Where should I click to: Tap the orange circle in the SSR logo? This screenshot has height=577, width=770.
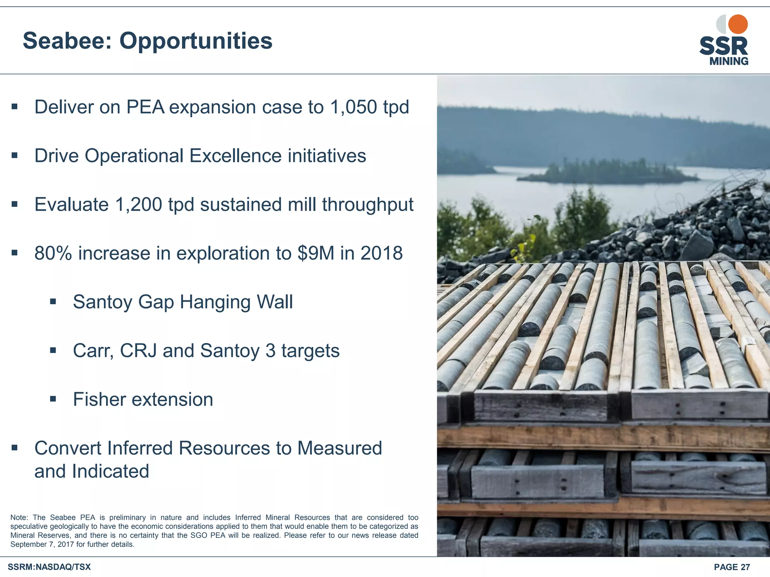(x=738, y=24)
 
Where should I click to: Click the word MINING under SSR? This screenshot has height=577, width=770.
(x=729, y=61)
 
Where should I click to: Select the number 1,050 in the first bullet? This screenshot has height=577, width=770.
(x=353, y=107)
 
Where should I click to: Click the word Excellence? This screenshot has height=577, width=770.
(x=235, y=156)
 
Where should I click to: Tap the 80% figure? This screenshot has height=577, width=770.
(x=53, y=253)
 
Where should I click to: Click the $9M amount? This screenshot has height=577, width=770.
(x=315, y=253)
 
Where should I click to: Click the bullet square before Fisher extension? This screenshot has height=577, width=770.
(x=53, y=399)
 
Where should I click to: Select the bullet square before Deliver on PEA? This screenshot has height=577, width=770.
(x=14, y=107)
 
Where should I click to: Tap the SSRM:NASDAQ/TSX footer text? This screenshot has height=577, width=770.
(x=49, y=567)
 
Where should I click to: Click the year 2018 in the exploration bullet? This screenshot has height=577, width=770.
(x=381, y=253)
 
